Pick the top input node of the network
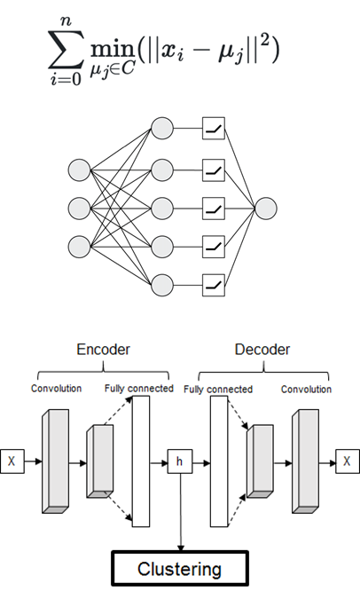pos(81,169)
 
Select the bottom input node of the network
pos(81,246)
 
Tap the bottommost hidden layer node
pos(161,285)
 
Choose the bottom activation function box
pos(214,285)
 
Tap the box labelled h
pos(180,461)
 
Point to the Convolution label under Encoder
pos(56,390)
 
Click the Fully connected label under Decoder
pos(218,390)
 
